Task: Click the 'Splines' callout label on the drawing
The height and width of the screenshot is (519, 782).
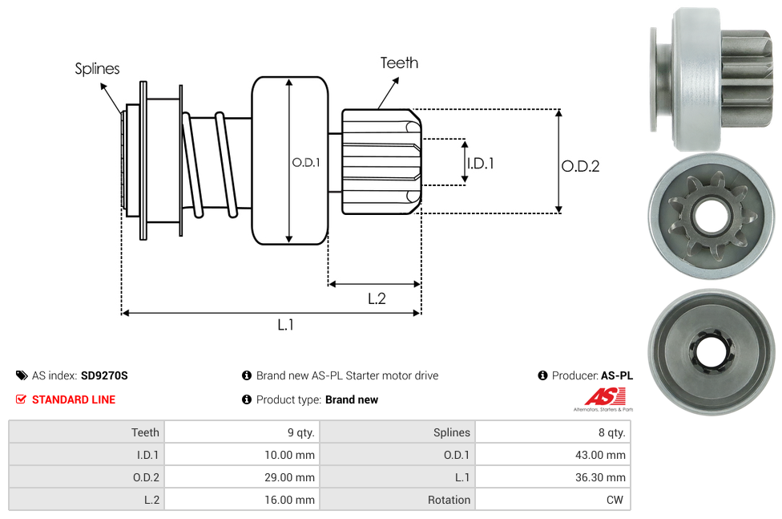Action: [x=97, y=69]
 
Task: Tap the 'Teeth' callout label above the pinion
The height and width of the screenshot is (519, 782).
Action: [x=399, y=63]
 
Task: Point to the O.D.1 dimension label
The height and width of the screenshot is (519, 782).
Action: [x=306, y=162]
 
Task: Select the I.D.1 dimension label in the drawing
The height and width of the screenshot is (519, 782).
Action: [x=480, y=163]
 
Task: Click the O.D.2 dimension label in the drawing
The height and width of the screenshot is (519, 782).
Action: [x=580, y=166]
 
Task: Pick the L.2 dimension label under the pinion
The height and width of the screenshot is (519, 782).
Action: [x=377, y=298]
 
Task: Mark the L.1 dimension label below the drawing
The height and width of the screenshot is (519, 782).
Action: [x=286, y=325]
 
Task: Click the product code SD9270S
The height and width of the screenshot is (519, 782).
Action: [x=104, y=375]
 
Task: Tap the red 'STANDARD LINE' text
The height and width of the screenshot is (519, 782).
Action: [x=73, y=399]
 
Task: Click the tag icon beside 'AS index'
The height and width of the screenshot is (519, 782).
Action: [x=21, y=375]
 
